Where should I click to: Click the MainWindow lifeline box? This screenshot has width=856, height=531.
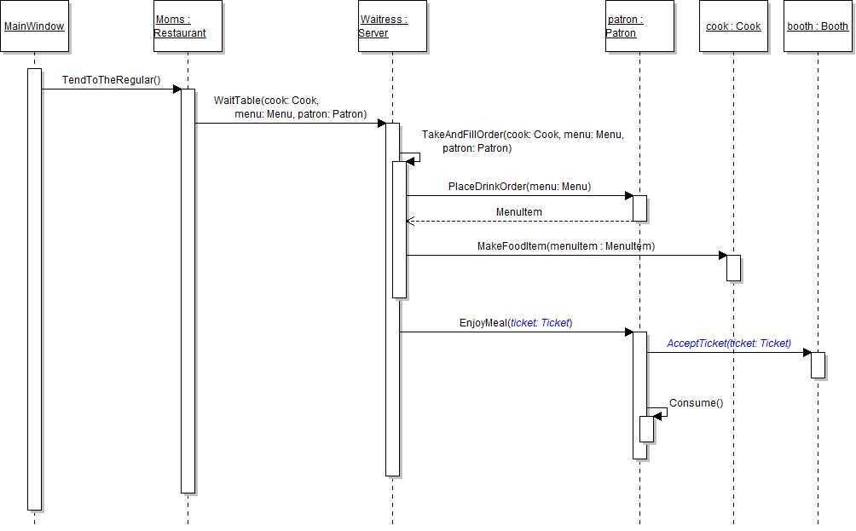pos(34,26)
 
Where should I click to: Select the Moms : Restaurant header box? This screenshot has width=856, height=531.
pos(188,26)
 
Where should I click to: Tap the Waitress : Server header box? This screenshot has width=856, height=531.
pos(392,26)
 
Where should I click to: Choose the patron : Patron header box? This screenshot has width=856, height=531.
pos(639,26)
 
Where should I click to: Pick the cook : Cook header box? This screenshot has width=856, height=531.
pos(733,26)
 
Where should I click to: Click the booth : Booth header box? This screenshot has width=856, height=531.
pos(818,26)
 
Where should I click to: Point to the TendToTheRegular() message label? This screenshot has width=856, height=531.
pos(111,80)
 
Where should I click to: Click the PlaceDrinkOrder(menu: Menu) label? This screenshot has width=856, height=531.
pos(519,187)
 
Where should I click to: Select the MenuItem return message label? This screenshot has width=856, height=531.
pos(519,211)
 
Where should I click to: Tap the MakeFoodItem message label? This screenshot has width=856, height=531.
pos(566,246)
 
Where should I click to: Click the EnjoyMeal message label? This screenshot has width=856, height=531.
pos(516,323)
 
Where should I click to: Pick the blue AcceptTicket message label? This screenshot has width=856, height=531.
pos(729,343)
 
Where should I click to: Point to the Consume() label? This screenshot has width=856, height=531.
pos(696,403)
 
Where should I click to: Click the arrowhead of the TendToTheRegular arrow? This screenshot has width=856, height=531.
pos(176,89)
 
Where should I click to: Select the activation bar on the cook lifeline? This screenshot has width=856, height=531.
pos(733,268)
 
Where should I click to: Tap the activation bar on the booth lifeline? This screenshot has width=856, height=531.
pos(818,365)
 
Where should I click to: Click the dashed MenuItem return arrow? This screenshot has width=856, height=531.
pos(519,222)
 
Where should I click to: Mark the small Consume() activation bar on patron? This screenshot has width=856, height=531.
pos(646,429)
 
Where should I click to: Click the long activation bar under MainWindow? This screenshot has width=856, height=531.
pos(34,290)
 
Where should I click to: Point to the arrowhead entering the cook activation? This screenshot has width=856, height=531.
pos(722,255)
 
